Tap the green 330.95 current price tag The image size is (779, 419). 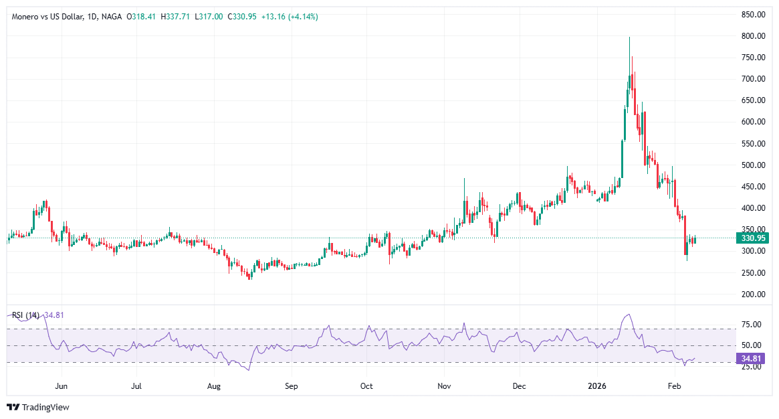point(752,238)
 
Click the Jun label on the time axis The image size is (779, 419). point(62,386)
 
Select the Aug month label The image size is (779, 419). point(214,386)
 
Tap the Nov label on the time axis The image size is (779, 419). point(445,386)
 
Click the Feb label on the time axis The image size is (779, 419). point(675,386)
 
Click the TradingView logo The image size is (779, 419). point(38,407)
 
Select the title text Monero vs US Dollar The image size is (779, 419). point(47,17)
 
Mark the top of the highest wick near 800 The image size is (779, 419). point(629,37)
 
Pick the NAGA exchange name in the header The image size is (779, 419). point(111,17)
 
